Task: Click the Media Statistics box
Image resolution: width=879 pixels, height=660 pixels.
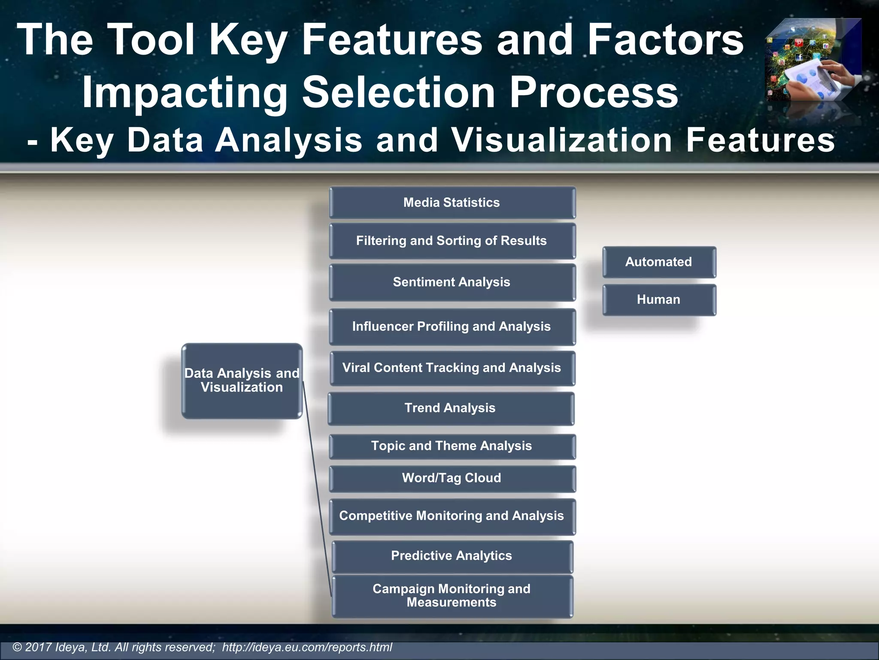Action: point(452,202)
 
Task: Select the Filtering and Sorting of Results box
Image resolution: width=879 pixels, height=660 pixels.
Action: point(452,241)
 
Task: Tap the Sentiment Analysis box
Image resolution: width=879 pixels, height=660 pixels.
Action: point(452,282)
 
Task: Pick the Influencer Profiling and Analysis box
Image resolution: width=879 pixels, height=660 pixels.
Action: point(452,327)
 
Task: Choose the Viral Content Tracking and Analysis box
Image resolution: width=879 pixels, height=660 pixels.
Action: point(452,368)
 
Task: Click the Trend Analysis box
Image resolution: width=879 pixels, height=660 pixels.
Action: point(451,408)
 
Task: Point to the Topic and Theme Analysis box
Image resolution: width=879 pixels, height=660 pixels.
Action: point(452,446)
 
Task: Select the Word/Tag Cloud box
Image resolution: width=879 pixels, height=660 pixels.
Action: point(452,479)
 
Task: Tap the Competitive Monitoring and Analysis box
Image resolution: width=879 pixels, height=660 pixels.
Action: point(452,516)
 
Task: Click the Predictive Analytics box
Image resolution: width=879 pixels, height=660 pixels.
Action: point(452,556)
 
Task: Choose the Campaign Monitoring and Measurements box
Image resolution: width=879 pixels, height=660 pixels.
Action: point(452,596)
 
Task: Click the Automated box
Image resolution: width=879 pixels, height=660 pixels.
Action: point(659,262)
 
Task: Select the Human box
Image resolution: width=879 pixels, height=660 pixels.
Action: point(659,300)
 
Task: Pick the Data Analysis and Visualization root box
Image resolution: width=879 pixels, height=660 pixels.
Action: point(242,381)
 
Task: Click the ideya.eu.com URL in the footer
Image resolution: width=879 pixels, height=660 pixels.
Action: point(307,647)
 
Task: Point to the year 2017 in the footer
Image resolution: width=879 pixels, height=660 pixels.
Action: point(38,647)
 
